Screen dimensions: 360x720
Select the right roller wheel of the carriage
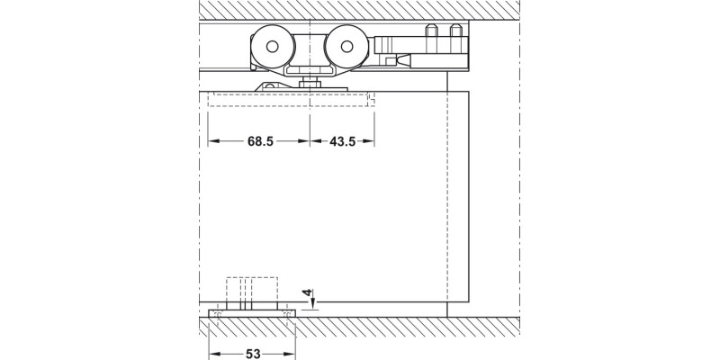pyautogui.click(x=346, y=45)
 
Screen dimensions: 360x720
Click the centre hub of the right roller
pyautogui.click(x=346, y=45)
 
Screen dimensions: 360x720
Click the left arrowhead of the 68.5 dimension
pyautogui.click(x=212, y=142)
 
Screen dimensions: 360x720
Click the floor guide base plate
pyautogui.click(x=251, y=314)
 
